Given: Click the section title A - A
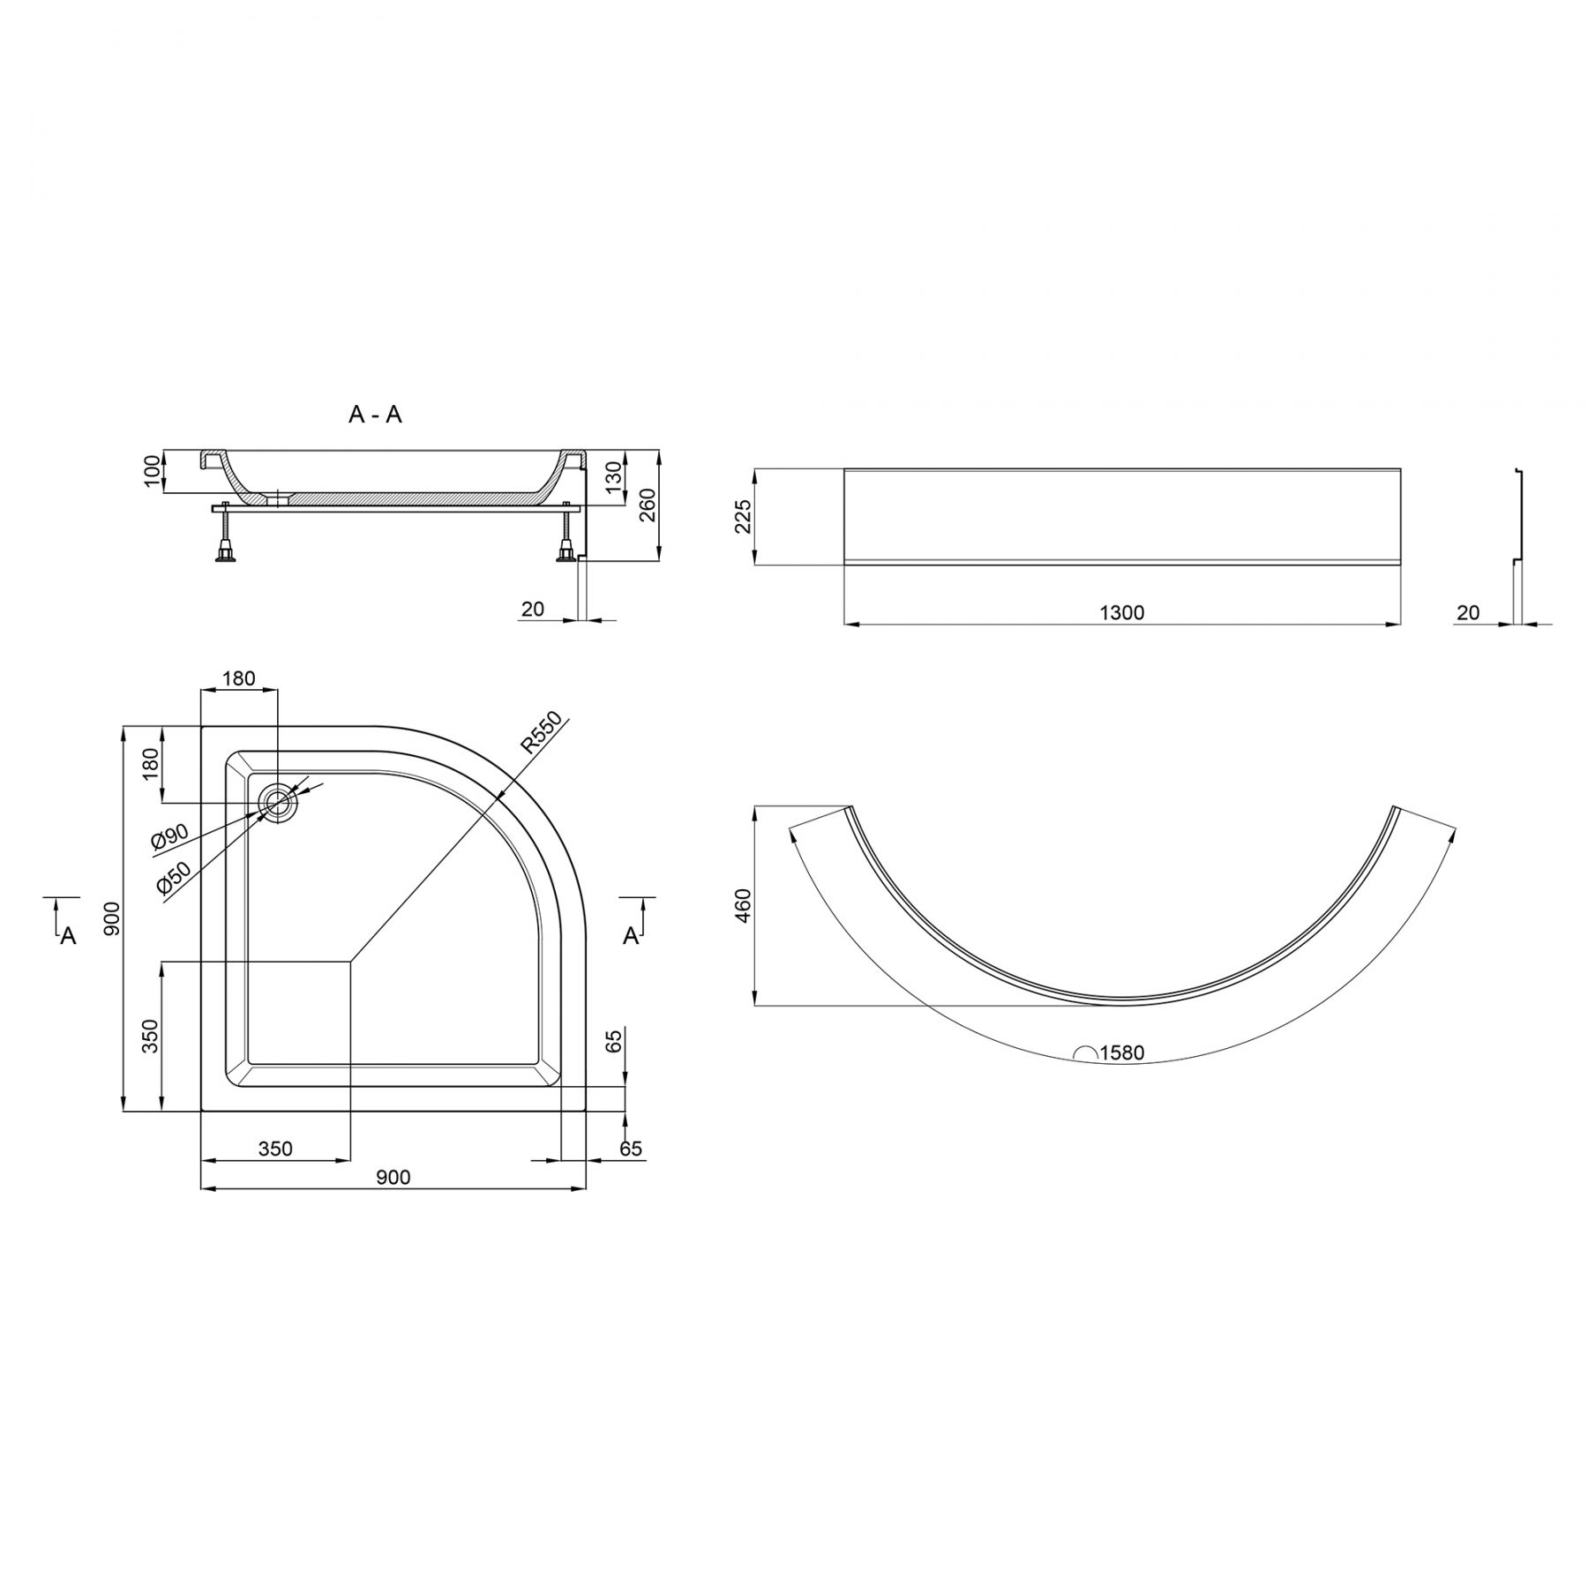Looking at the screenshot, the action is pos(375,415).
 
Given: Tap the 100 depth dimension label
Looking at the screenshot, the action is pos(152,472).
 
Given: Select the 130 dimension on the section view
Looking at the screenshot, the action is pos(614,475).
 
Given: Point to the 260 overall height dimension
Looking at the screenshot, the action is pos(648,504).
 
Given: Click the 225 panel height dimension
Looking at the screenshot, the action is pos(742,517).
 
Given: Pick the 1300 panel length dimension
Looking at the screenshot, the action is pos(1122,612).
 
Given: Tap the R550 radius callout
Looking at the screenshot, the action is pos(539,731).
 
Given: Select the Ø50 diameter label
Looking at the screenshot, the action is pos(174,880).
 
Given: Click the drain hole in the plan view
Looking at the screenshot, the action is pos(279,803).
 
